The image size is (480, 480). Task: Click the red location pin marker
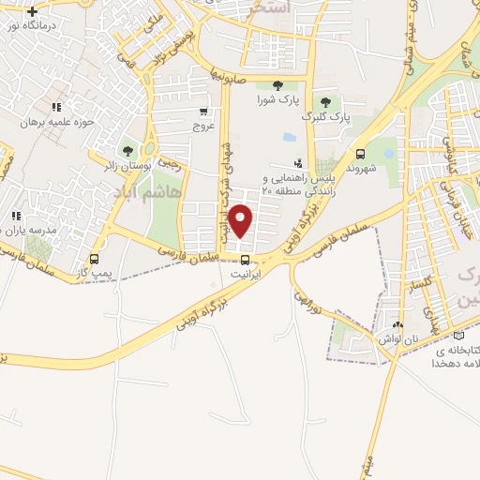tap(242, 220)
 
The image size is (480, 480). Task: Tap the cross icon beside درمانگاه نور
tap(34, 11)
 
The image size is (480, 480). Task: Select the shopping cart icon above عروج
tap(203, 109)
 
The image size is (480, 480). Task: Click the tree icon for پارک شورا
tap(277, 85)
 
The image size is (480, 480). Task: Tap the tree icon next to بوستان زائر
tap(127, 151)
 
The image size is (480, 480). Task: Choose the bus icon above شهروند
tap(361, 154)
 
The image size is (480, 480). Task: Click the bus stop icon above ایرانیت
tap(245, 260)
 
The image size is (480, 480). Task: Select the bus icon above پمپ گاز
tap(93, 259)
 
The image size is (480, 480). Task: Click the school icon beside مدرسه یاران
tap(15, 217)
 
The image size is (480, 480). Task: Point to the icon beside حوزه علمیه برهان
tap(56, 109)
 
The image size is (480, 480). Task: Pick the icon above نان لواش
tap(399, 324)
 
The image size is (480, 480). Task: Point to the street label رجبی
tap(169, 163)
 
